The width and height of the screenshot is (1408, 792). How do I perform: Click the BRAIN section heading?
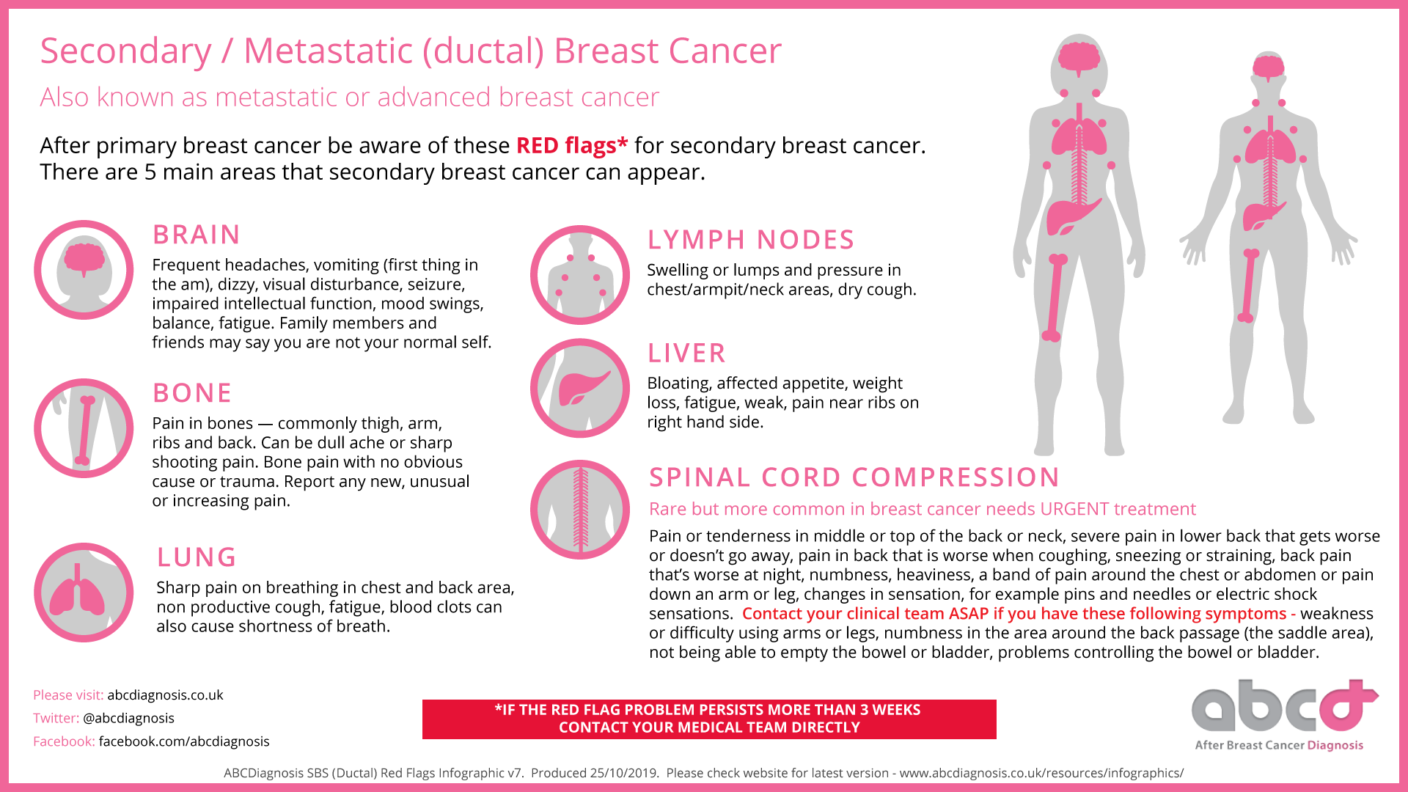(196, 235)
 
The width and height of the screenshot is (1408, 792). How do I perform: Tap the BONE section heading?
(192, 393)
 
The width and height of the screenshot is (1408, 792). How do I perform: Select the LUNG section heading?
(197, 557)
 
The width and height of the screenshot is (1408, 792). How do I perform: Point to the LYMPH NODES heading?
(751, 240)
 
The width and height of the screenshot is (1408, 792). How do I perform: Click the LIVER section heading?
(686, 353)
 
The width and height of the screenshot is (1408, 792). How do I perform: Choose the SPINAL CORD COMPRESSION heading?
(854, 477)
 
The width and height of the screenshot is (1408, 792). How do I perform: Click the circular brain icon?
(84, 270)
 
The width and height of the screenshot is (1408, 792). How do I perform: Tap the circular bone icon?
(84, 428)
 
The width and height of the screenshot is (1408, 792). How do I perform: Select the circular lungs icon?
(84, 593)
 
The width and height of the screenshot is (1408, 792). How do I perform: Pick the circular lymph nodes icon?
(580, 275)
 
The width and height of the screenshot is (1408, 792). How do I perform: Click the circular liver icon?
(580, 388)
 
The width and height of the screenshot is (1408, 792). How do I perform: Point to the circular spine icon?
(580, 510)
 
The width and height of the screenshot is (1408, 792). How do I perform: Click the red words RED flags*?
(572, 145)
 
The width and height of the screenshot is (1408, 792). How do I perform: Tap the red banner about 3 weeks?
(709, 719)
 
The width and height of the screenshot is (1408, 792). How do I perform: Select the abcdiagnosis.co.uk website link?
(165, 695)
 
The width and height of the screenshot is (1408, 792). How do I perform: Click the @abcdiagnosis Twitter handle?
(128, 718)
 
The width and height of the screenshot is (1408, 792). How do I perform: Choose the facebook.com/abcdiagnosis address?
(184, 741)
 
